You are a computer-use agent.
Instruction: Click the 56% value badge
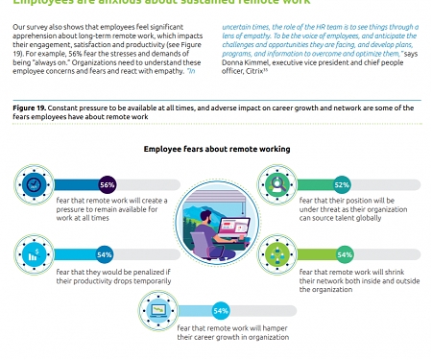point(108,183)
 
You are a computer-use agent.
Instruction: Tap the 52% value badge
point(341,183)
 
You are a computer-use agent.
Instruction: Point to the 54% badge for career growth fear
point(220,310)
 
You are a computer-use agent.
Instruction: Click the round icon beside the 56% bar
point(34,183)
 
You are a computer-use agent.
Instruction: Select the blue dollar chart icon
point(34,254)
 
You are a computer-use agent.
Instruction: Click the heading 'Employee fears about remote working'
point(215,150)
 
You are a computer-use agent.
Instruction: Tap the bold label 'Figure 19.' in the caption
point(30,109)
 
